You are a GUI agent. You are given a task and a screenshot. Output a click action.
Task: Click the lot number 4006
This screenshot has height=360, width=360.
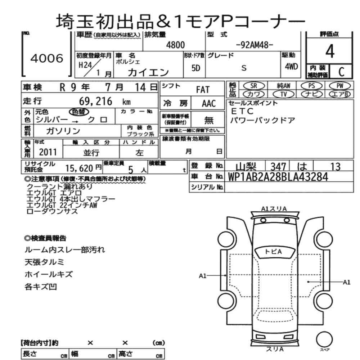tap(47, 58)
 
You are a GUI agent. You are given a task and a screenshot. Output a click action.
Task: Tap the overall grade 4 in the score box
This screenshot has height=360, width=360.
tap(330, 51)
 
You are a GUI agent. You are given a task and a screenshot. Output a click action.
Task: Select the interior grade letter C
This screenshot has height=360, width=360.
tap(341, 72)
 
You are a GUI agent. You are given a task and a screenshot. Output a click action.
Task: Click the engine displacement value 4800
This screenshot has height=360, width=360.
tap(175, 45)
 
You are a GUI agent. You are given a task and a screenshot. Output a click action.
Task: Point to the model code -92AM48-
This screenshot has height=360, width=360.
tap(255, 45)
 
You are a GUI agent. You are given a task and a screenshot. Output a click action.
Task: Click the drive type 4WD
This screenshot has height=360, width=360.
tap(291, 67)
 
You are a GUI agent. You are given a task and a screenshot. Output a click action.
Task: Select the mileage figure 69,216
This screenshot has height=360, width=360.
tap(95, 101)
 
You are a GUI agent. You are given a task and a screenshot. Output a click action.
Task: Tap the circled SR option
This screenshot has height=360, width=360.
tap(254, 86)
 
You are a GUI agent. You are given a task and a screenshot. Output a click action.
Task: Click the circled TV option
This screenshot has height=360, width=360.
tap(283, 94)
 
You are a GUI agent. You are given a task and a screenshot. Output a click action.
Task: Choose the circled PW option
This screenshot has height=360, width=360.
tap(340, 86)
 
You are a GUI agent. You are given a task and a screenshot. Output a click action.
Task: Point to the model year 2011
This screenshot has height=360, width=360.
tap(48, 152)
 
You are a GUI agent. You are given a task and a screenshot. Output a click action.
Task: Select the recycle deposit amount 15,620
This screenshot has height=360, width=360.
tap(79, 168)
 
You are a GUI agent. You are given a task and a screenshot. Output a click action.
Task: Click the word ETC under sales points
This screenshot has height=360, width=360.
tap(242, 111)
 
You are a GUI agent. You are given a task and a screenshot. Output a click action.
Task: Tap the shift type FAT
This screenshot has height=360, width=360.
tap(203, 90)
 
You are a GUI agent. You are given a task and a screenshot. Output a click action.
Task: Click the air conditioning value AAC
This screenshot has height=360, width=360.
tap(209, 104)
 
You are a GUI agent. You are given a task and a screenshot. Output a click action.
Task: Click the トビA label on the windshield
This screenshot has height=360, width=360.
tap(273, 252)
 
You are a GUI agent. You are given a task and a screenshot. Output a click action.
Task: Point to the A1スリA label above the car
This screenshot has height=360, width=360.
tap(274, 209)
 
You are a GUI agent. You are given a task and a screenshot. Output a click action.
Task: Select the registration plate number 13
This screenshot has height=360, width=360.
tap(335, 167)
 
